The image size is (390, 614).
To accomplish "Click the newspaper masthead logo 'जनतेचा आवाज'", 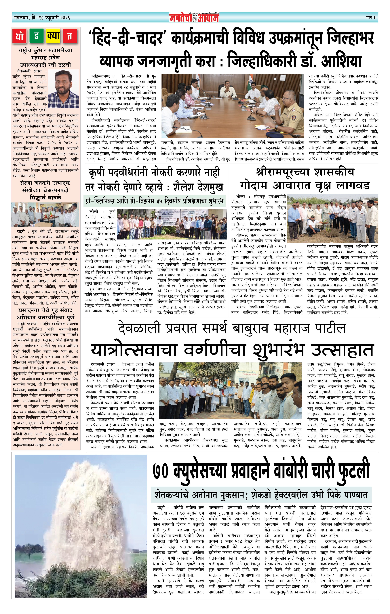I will (194, 18).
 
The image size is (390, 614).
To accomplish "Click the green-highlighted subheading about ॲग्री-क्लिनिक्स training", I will (155, 201).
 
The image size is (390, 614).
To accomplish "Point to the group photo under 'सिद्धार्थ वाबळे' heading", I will (45, 215).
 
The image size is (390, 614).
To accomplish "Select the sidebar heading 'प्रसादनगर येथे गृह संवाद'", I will (45, 311).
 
